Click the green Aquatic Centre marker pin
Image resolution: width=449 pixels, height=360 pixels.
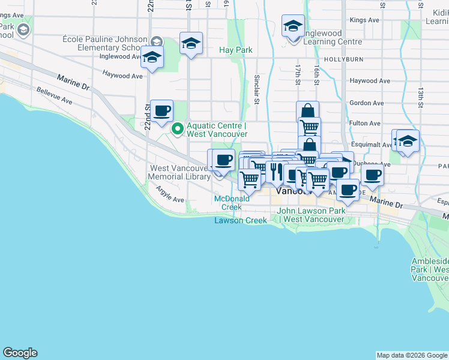click(x=178, y=129)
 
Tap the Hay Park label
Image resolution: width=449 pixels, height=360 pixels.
click(x=235, y=50)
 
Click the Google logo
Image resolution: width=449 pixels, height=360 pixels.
click(x=20, y=353)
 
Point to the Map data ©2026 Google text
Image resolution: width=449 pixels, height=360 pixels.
click(x=411, y=355)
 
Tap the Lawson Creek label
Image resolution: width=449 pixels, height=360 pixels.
click(x=241, y=220)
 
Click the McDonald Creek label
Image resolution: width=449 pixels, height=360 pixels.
click(x=232, y=203)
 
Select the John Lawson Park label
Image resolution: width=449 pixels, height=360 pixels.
click(x=311, y=215)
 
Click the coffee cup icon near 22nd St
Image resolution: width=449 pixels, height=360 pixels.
click(x=162, y=111)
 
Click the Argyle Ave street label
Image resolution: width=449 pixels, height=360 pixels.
click(x=170, y=195)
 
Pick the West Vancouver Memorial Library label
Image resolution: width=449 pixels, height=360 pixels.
click(x=179, y=172)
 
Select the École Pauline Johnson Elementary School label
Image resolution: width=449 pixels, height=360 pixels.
click(x=105, y=44)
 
